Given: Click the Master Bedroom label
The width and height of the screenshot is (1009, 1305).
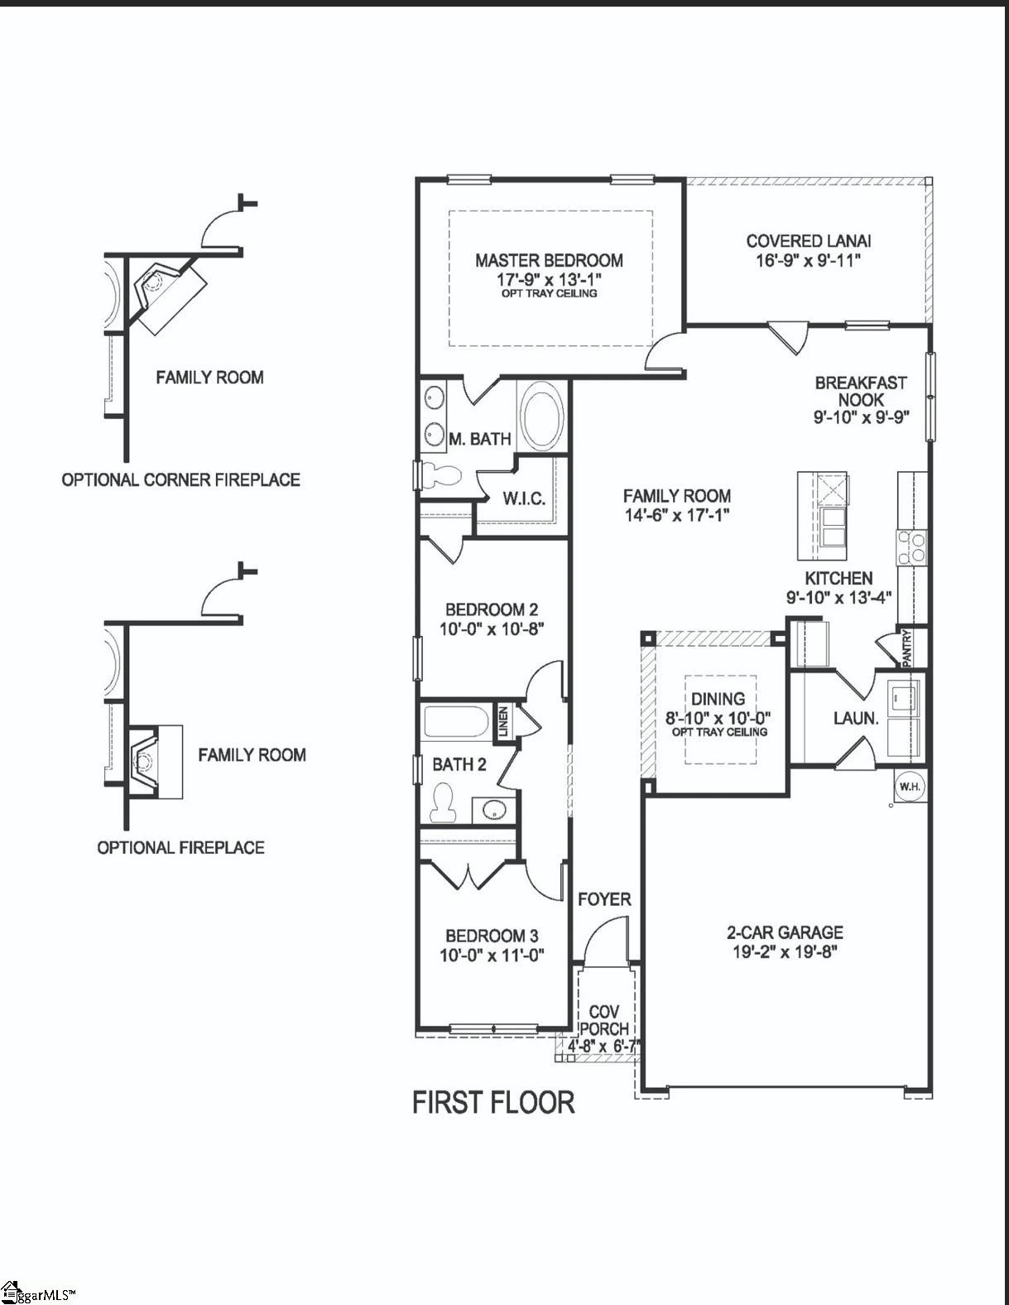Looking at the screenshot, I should [549, 260].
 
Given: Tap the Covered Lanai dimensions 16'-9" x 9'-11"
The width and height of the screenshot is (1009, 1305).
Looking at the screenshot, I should [808, 260].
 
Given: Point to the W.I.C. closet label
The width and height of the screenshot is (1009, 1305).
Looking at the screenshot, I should [524, 498].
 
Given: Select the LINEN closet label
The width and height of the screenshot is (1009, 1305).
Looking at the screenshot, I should [502, 720].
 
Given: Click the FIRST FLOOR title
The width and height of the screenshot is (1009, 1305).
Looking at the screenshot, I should [493, 1103].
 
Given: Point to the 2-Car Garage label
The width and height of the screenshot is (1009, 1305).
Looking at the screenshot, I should [787, 932].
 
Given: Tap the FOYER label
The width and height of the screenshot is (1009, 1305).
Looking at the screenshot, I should [604, 899].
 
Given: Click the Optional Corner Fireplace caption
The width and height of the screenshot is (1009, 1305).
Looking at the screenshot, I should [180, 479].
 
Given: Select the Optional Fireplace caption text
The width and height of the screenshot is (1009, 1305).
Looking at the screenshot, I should [180, 847].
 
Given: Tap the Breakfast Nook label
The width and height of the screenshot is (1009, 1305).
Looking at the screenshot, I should [861, 391].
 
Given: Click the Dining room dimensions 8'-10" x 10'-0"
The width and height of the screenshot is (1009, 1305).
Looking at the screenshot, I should [718, 718].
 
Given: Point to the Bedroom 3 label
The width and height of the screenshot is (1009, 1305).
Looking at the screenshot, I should [492, 936].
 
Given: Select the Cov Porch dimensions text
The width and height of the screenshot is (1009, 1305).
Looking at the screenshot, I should [603, 1046].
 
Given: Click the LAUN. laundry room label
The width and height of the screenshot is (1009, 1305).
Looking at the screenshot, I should [856, 718].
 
